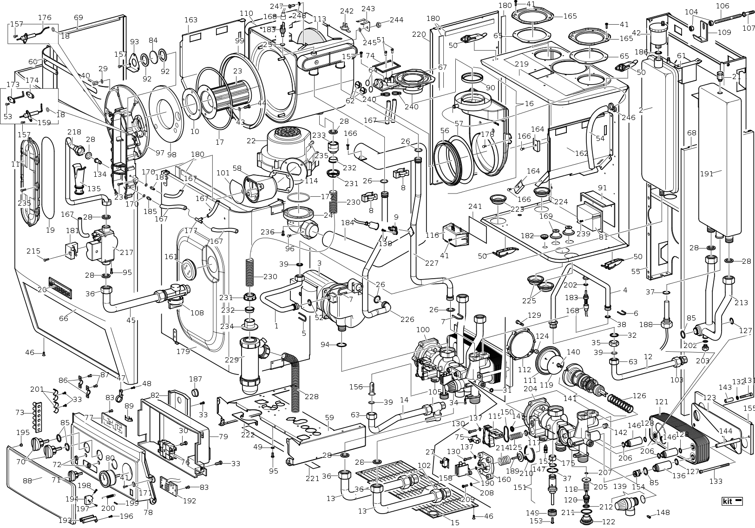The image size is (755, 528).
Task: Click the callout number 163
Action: point(191,20)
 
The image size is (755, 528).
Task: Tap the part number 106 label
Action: point(722,6)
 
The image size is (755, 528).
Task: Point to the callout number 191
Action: point(706,174)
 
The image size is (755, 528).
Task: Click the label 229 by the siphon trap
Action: point(231,359)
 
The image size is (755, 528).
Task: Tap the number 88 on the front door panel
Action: point(27,480)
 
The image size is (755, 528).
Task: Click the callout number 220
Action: point(419,34)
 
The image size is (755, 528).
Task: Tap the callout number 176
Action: point(45,18)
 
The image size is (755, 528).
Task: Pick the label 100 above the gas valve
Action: point(423,330)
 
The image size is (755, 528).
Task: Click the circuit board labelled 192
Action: point(170,485)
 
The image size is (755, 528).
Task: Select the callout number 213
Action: point(741,302)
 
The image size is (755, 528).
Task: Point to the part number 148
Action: point(663,513)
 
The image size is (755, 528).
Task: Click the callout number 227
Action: point(431,263)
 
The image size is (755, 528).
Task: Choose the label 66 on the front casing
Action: point(63,318)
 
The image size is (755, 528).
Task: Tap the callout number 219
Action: point(521,64)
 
